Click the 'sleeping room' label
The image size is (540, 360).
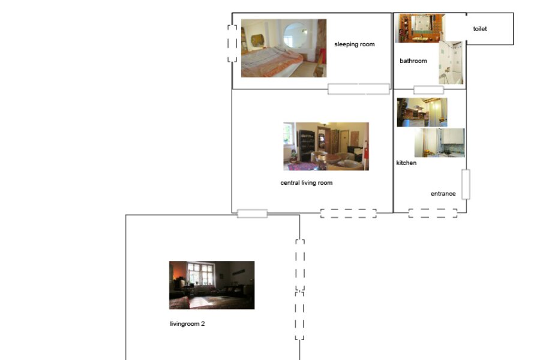point(355,44)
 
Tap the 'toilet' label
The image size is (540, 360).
point(480,29)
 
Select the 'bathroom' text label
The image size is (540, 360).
point(413,61)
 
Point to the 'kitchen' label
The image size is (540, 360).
point(406,163)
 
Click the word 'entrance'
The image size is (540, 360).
point(443,194)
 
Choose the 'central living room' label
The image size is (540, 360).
point(307,183)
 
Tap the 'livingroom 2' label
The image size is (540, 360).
point(187,324)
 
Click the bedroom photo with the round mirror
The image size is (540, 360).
point(284,48)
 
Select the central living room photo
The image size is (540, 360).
point(326,146)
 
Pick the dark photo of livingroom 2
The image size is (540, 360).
point(212,285)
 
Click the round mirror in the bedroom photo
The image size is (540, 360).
point(295,35)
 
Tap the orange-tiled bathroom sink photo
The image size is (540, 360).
point(420,28)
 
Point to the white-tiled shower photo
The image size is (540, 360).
point(451,62)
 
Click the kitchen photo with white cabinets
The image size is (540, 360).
point(439,143)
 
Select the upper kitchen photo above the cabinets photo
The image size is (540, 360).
point(422,112)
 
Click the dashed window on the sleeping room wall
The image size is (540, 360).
point(232,43)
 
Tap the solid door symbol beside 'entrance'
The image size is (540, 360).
point(466,184)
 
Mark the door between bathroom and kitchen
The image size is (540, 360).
point(428,90)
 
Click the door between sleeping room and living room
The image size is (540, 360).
point(359,89)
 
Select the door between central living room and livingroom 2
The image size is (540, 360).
point(253,214)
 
